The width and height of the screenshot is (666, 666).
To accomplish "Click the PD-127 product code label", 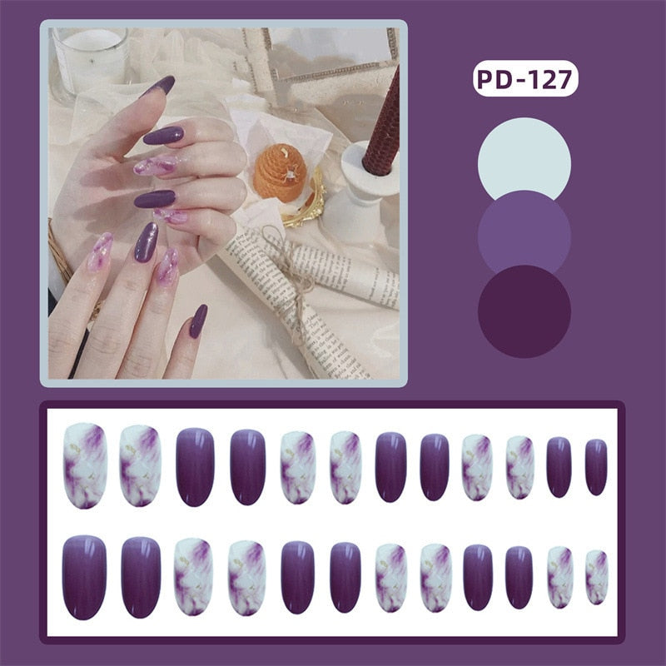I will pyautogui.click(x=524, y=80).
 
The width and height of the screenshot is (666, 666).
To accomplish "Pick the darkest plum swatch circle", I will pyautogui.click(x=524, y=311).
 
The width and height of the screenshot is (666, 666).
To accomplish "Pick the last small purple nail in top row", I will pyautogui.click(x=596, y=467).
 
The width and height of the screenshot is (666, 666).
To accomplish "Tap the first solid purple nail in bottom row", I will pyautogui.click(x=85, y=576).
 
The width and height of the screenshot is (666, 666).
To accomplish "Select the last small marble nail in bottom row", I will pyautogui.click(x=596, y=577).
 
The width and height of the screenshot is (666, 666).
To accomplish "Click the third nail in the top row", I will pyautogui.click(x=195, y=466).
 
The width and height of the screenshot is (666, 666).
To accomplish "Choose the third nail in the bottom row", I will pyautogui.click(x=193, y=577).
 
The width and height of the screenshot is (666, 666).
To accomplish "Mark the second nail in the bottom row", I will pyautogui.click(x=141, y=577).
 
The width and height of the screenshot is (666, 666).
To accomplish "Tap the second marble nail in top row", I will pyautogui.click(x=140, y=465).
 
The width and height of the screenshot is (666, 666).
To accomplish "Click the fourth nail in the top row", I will pyautogui.click(x=247, y=466).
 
